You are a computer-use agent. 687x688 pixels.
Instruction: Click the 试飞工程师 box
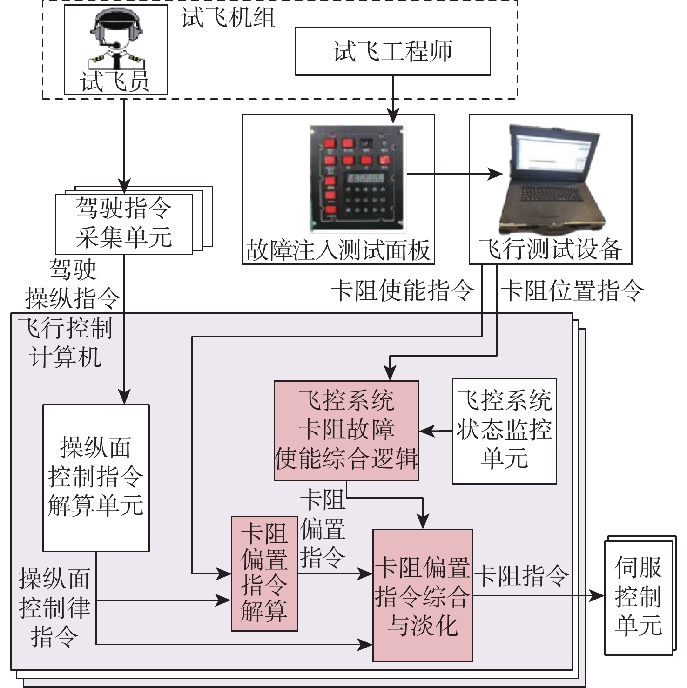[393, 51]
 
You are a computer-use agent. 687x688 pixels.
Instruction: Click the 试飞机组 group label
[228, 19]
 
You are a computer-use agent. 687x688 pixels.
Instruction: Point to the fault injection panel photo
[357, 178]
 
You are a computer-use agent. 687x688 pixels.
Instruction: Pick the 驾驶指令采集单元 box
[124, 224]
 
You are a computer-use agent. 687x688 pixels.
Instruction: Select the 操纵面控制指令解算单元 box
[96, 478]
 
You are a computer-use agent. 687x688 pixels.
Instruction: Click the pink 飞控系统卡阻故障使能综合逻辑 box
[346, 431]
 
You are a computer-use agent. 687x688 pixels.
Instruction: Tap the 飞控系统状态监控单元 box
[505, 431]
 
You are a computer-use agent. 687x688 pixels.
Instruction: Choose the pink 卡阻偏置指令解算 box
[264, 573]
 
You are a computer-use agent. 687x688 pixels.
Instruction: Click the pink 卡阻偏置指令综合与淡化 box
[423, 595]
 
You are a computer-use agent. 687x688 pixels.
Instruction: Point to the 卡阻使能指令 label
[403, 291]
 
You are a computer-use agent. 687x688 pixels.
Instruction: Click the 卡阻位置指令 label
[572, 291]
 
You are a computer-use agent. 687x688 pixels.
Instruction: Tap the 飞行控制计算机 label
[65, 343]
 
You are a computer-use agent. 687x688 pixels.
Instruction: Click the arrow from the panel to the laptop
[455, 175]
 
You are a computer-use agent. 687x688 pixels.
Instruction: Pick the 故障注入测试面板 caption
[338, 250]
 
